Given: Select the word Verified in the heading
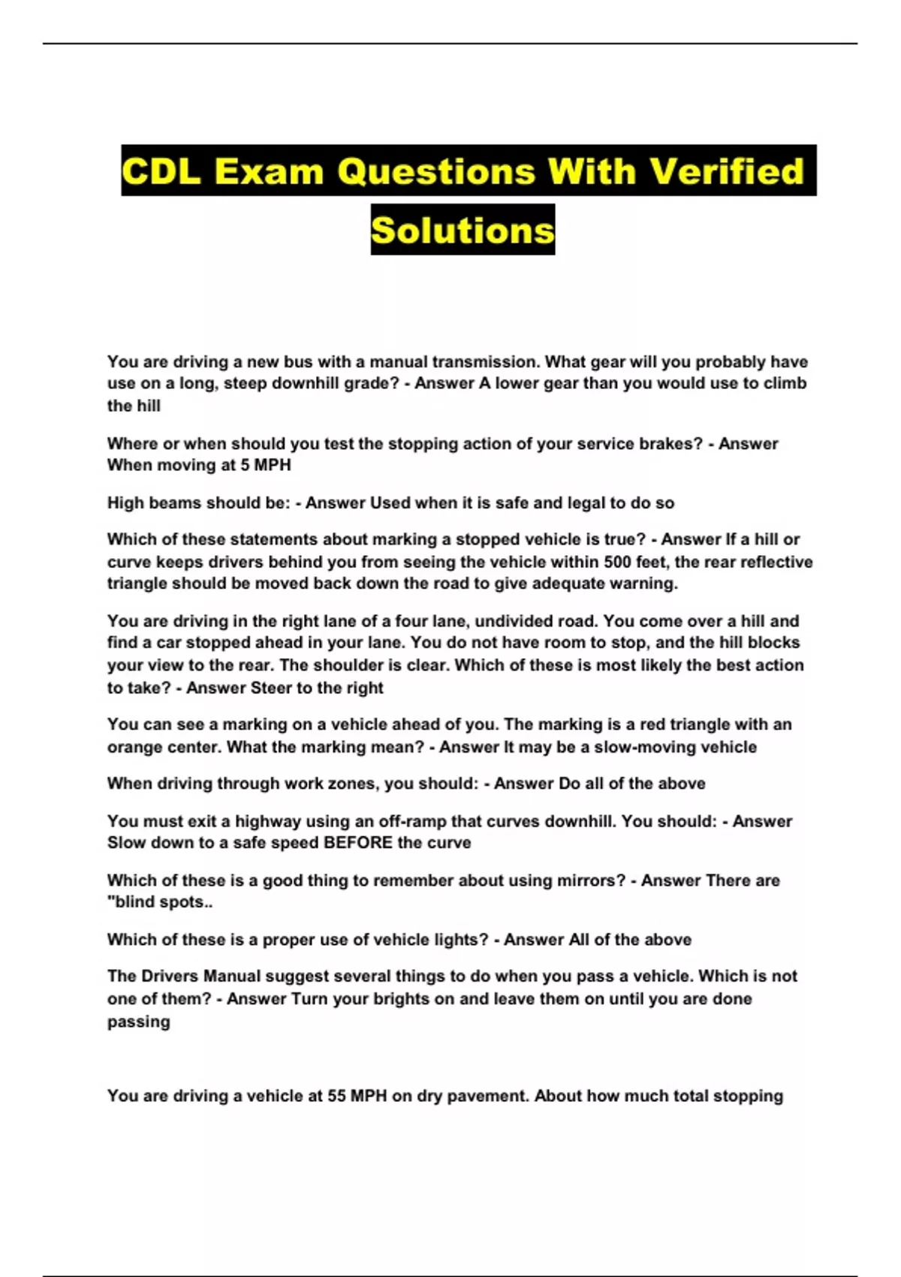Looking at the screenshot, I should pos(726,171).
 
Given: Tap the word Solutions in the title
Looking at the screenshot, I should pos(463,230).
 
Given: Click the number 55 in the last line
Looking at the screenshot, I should pos(336,1096).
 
